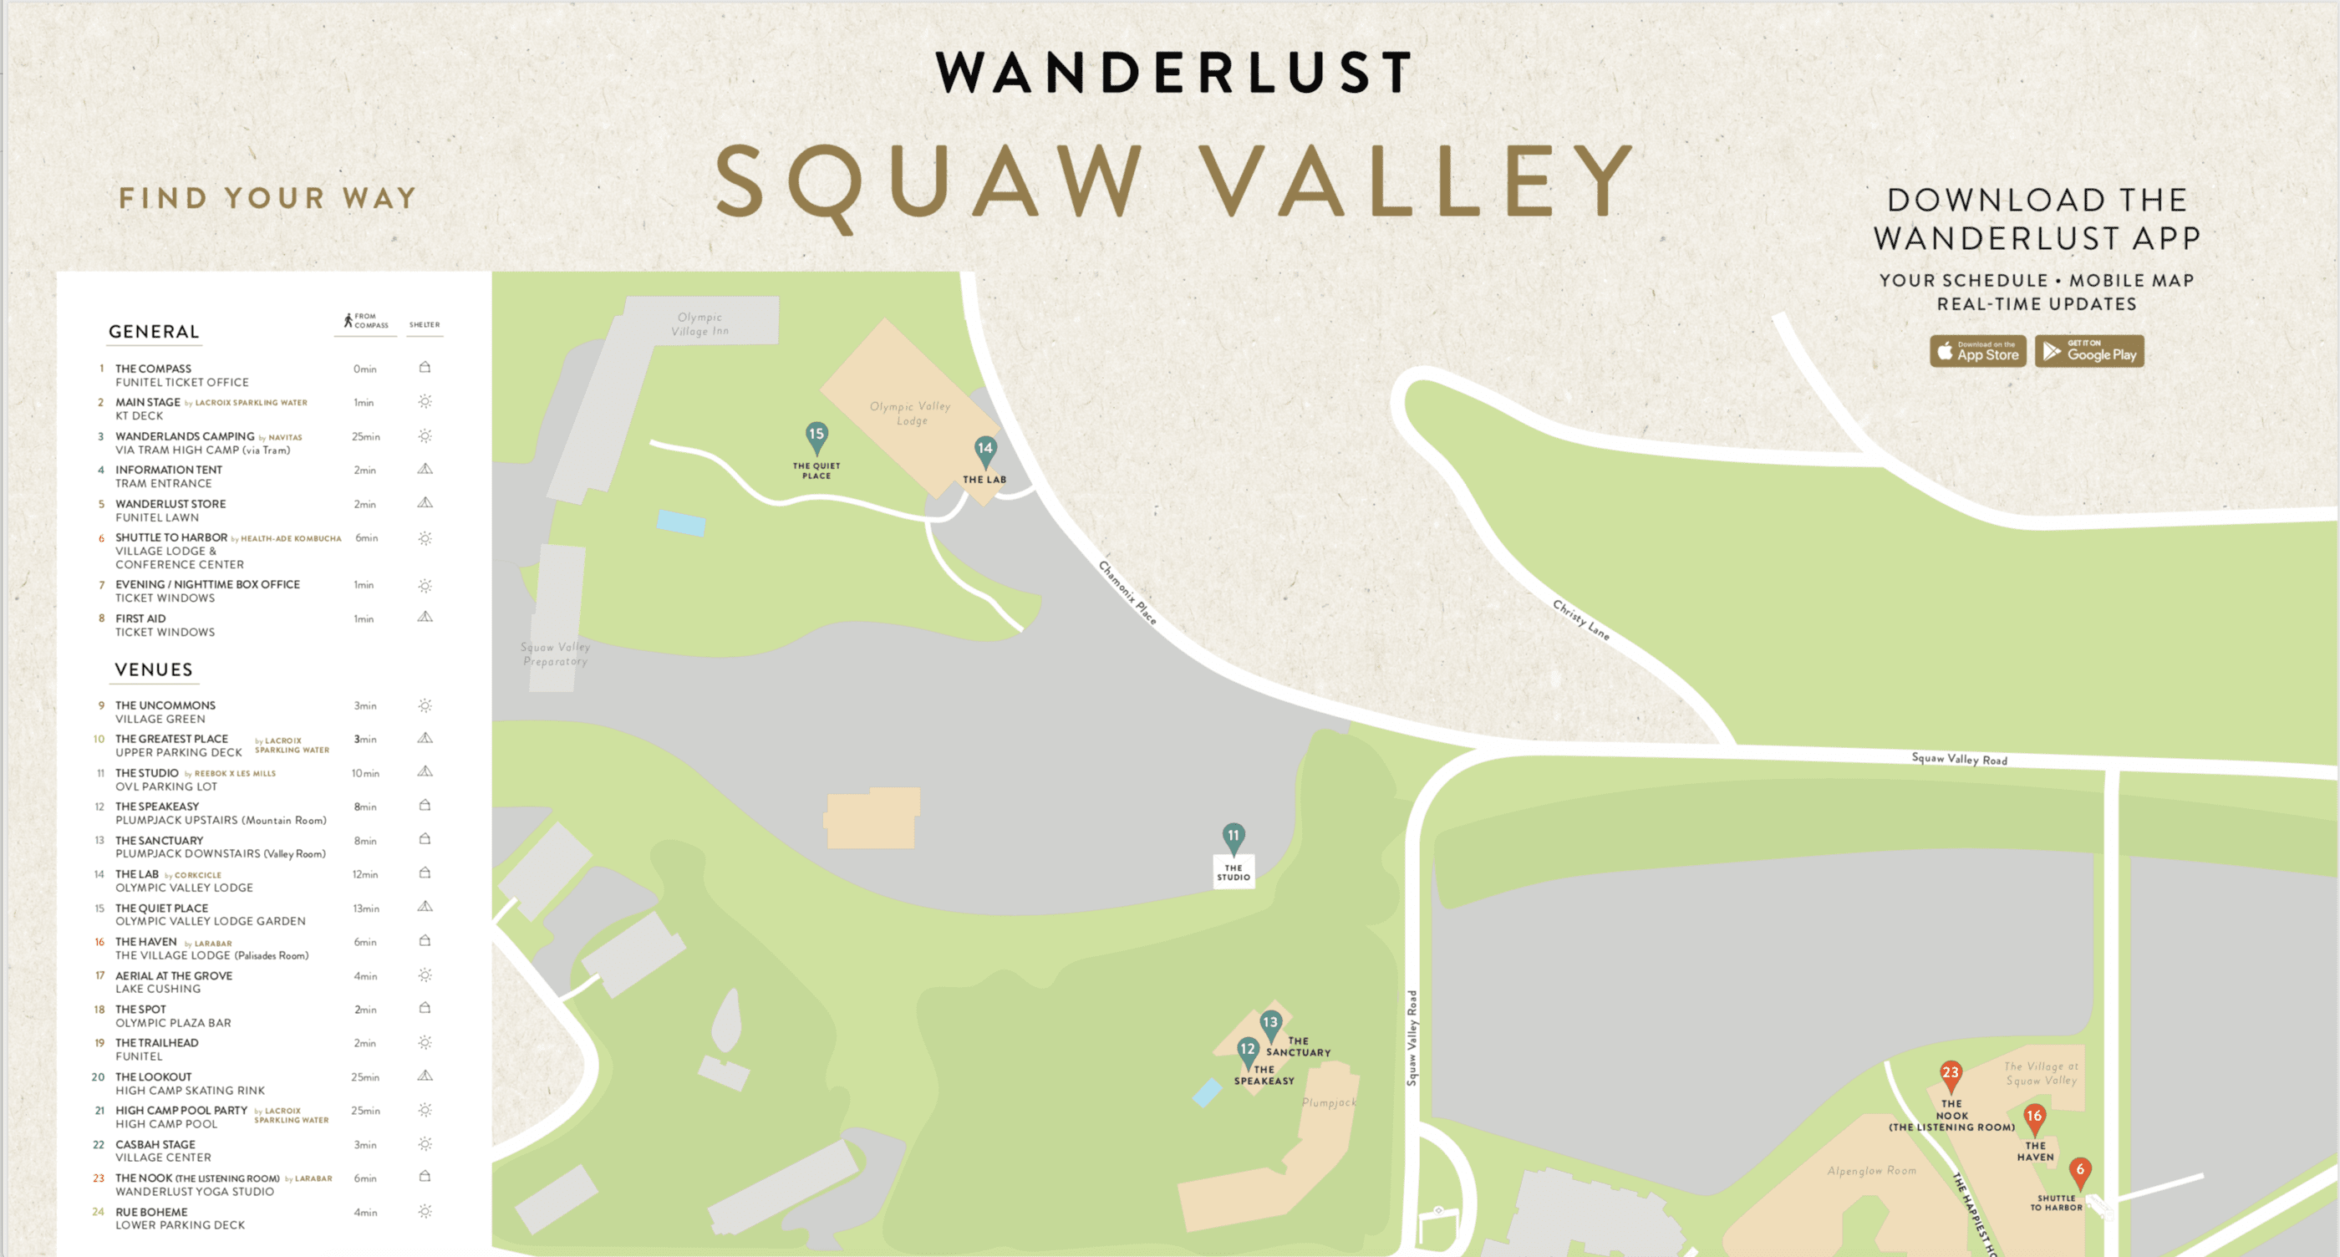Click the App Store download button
pos(1977,352)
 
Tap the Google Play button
pos(2089,352)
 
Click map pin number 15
pos(816,436)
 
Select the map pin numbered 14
pos(984,450)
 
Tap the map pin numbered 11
pos(1233,837)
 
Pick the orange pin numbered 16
pos(2034,1117)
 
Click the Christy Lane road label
pos(1580,619)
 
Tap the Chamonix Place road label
pos(1127,593)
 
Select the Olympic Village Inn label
pos(699,324)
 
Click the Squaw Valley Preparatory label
pos(555,654)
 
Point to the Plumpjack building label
pos(1328,1102)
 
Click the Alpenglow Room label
pos(1871,1171)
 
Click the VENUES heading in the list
pos(154,670)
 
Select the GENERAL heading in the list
pos(154,333)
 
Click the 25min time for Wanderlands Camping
pos(365,437)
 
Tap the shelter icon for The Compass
pos(425,368)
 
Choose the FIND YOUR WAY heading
pos(267,198)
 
